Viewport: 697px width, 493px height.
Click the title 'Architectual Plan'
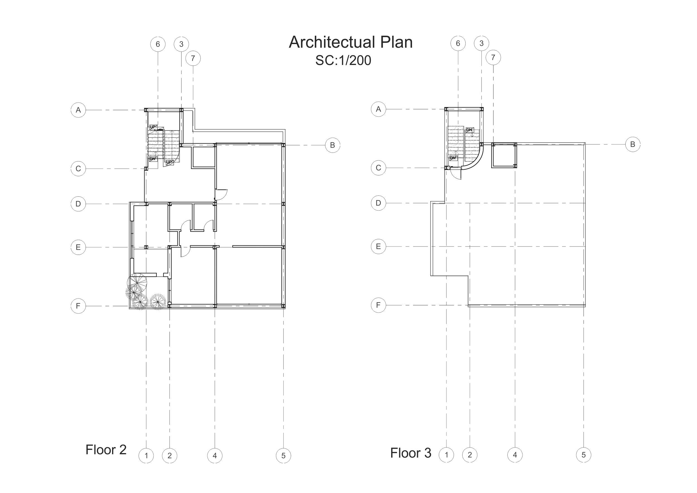tap(351, 42)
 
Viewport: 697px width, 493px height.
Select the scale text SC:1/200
tap(343, 60)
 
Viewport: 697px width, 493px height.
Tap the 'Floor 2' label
tap(106, 449)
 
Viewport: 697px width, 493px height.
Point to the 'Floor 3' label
tap(410, 453)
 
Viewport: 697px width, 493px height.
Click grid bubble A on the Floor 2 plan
tap(78, 110)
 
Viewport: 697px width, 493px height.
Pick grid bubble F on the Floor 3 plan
tap(378, 305)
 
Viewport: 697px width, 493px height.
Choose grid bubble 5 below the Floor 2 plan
tap(283, 456)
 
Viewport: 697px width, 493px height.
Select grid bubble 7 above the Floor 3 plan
tap(493, 57)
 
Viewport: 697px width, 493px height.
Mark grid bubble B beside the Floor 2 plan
tap(332, 145)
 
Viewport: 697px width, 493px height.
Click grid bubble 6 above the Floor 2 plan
tap(158, 44)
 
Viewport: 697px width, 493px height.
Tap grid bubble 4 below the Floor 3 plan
tap(515, 455)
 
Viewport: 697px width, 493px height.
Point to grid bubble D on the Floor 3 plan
tap(378, 203)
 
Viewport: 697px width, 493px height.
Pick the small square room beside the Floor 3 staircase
tap(504, 155)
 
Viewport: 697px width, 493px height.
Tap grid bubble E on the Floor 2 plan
tap(78, 247)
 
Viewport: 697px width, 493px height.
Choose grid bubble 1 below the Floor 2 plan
tap(146, 456)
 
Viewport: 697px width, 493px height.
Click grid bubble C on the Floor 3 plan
tap(378, 168)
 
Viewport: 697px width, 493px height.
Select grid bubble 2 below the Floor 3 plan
tap(469, 455)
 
